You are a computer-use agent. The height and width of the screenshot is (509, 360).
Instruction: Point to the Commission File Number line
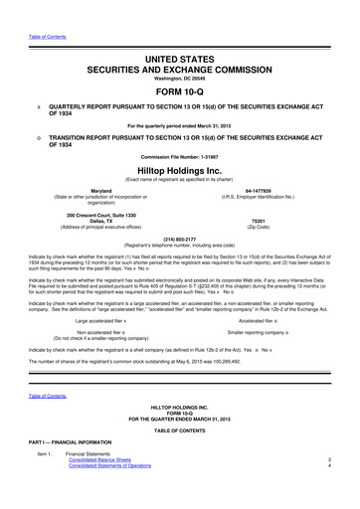point(180,155)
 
